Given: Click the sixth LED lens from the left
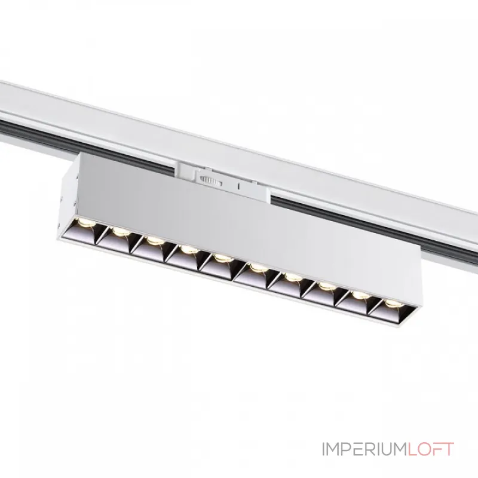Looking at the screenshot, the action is (258, 268).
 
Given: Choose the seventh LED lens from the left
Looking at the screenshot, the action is (293, 277).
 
